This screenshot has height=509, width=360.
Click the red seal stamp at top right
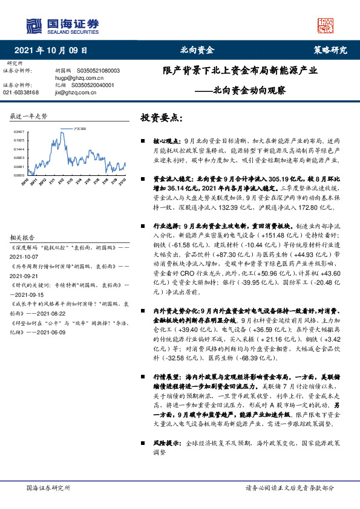tap(326, 25)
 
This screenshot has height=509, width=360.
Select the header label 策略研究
tap(330, 50)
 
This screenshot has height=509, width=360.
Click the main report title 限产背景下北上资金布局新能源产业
tap(240, 71)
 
